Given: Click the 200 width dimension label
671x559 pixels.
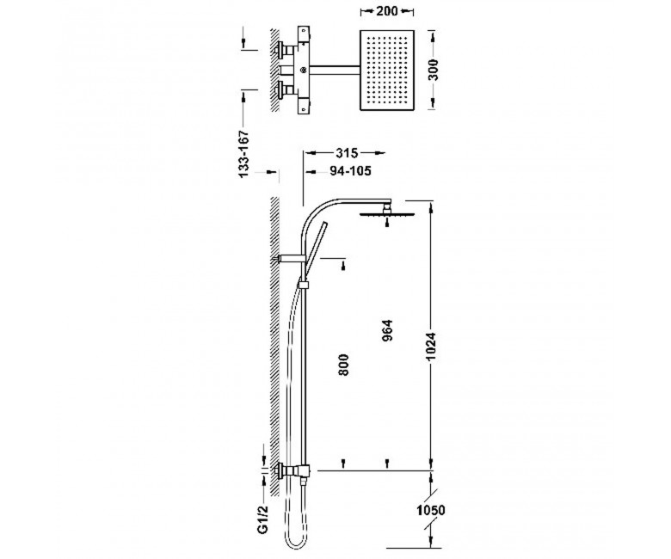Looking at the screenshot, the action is [387, 11].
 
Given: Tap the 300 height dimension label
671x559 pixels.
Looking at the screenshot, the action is [434, 70].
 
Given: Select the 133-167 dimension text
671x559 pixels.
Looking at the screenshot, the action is [243, 154].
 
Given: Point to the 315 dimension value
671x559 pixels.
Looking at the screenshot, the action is [347, 153].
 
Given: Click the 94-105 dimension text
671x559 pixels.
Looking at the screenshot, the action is [350, 171].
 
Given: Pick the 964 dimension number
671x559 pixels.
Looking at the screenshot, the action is [387, 330].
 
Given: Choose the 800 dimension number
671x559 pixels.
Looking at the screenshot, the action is [343, 365].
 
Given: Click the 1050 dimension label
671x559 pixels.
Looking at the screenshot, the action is [430, 510].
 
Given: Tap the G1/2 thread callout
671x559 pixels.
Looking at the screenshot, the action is [262, 519].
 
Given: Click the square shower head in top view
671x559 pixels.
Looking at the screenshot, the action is [388, 70].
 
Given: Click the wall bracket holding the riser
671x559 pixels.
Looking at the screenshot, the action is [292, 258].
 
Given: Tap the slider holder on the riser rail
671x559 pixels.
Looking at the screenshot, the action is [304, 285].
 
